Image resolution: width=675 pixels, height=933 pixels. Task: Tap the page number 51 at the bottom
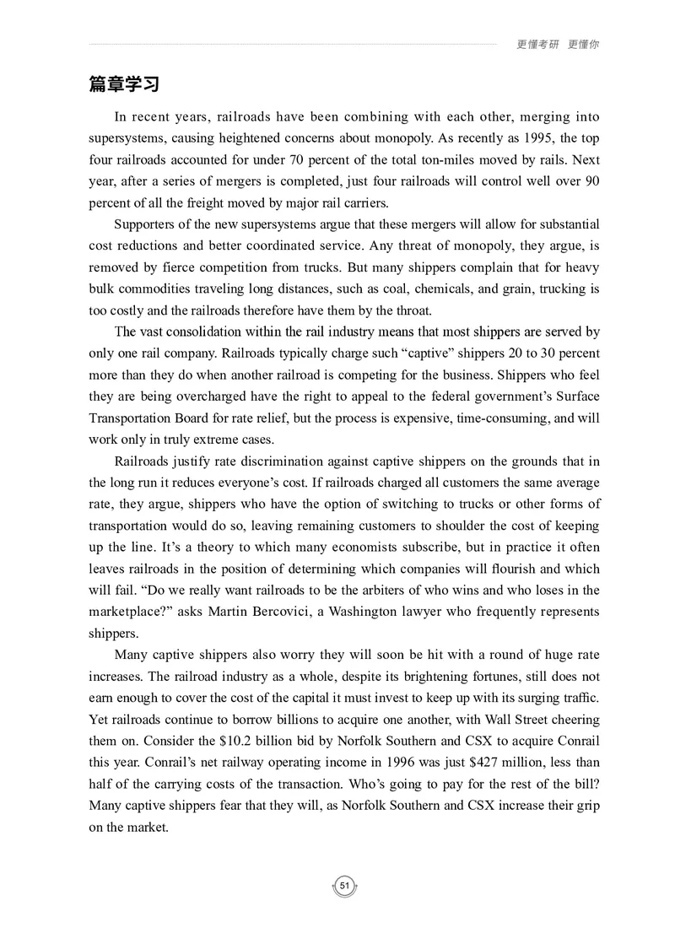[x=344, y=886]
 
